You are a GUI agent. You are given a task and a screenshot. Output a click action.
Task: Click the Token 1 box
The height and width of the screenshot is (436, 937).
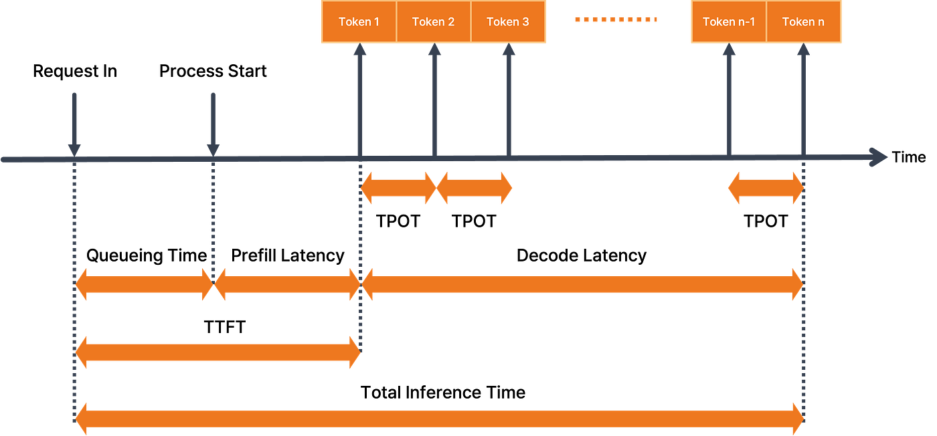coord(359,21)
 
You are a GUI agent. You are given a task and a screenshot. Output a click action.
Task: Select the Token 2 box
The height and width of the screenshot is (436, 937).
coord(434,21)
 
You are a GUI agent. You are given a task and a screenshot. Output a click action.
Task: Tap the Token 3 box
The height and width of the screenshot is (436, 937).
coord(508,21)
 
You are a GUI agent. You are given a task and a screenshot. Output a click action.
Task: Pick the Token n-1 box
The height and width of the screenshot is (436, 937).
coord(729,21)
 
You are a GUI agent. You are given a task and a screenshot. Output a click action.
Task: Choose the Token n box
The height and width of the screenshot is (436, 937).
coord(803,21)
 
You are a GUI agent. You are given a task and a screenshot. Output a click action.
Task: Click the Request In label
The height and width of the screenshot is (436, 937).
coord(75,71)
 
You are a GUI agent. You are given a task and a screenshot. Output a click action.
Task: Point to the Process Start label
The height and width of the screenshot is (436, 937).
coord(213,71)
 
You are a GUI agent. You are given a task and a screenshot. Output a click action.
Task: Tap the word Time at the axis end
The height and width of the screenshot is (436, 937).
coord(909,157)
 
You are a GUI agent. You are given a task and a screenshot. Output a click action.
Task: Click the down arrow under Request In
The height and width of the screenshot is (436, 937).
coord(74,124)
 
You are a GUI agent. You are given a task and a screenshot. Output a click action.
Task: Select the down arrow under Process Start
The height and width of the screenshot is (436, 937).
coord(214,124)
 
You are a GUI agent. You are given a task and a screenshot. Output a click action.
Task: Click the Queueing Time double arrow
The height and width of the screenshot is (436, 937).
coord(144,284)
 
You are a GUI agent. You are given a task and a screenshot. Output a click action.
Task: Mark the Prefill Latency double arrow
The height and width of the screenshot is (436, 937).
coord(287,284)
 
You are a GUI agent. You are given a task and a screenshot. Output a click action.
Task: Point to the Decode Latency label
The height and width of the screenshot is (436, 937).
coord(582,255)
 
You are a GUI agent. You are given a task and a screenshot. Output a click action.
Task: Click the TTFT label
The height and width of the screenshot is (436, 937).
coord(225,327)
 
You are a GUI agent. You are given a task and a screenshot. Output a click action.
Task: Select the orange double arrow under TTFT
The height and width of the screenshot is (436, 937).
coord(218,352)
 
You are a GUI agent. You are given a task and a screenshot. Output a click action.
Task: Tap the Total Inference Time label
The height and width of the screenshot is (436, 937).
coord(443,393)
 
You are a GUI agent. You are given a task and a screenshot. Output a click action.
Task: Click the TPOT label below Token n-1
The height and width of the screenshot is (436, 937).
coord(766,221)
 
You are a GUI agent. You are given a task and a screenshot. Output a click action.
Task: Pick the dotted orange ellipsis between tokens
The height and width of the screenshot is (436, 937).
coord(616,19)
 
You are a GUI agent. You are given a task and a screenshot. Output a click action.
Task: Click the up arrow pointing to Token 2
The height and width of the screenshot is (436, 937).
coord(434,100)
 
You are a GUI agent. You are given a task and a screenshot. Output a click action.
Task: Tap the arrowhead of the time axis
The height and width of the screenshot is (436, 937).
coord(878,157)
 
